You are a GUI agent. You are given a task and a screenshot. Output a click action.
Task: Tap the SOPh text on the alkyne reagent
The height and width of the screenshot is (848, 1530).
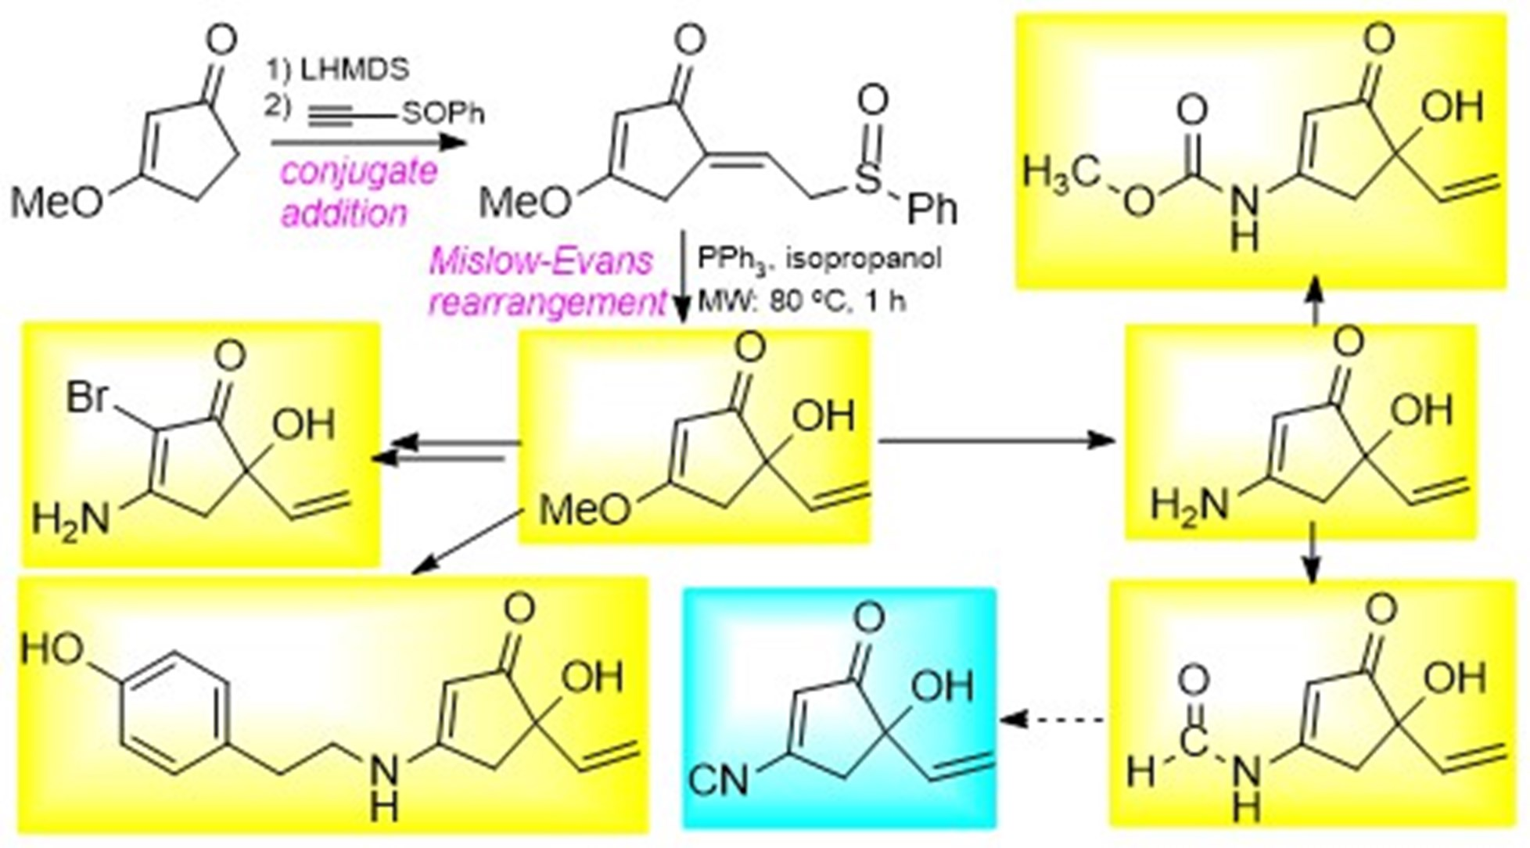point(443,114)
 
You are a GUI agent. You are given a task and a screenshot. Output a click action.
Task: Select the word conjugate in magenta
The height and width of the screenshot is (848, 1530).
point(358,171)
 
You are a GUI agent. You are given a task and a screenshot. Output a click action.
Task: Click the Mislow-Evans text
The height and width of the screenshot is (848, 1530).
point(541,261)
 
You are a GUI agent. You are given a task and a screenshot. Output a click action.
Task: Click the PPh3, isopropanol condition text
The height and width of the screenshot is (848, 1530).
point(818,259)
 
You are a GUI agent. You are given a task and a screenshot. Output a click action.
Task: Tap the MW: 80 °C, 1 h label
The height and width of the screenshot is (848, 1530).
point(801,301)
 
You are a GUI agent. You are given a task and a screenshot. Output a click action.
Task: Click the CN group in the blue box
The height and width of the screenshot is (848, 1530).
point(719,782)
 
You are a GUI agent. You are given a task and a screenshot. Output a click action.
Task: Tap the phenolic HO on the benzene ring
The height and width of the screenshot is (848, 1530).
point(52,649)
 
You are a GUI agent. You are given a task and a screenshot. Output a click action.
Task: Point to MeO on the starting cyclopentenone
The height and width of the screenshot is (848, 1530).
point(57,203)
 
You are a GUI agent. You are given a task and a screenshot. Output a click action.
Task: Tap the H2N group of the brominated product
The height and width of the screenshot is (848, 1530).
point(71,518)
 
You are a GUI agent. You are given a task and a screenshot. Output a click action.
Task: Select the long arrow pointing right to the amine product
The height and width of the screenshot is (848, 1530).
point(997,441)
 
